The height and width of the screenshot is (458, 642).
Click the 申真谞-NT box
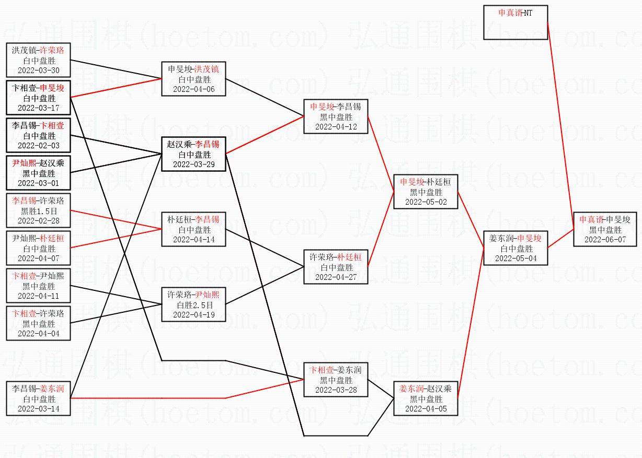point(515,23)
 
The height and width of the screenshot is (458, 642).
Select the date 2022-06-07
point(605,239)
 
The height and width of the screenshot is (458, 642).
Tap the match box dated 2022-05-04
point(515,248)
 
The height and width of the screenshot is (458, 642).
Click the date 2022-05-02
point(426,202)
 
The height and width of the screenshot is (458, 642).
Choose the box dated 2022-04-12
point(336,116)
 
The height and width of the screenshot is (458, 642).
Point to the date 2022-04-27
point(336,277)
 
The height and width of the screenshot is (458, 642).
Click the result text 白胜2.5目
point(193,305)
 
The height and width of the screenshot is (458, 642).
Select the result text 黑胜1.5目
point(38,211)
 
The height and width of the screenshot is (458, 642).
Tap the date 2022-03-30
point(38,71)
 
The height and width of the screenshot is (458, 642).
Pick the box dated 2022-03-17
point(38,98)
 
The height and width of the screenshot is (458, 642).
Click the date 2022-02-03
point(38,146)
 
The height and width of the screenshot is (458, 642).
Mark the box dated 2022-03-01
point(38,173)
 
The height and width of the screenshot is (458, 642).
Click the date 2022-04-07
point(38,258)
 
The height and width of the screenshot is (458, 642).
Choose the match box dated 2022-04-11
point(38,286)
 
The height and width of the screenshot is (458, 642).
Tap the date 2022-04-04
point(38,333)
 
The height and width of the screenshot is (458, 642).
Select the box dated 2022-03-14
point(38,398)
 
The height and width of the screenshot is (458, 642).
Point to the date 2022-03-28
point(336,390)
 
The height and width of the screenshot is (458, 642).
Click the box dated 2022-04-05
point(426,398)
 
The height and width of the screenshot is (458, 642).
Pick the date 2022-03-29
point(193,164)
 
